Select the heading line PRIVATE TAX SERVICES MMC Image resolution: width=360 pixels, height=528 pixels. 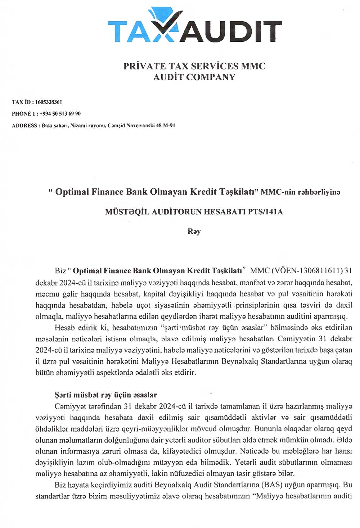click(x=194, y=66)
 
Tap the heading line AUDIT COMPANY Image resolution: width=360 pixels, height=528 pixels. click(x=194, y=77)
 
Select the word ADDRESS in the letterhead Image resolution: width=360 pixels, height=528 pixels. click(x=24, y=126)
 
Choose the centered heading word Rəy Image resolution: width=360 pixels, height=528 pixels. click(x=194, y=231)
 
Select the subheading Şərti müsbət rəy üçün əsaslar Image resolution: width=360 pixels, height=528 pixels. click(x=106, y=395)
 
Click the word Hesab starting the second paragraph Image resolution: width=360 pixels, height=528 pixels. click(x=64, y=328)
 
